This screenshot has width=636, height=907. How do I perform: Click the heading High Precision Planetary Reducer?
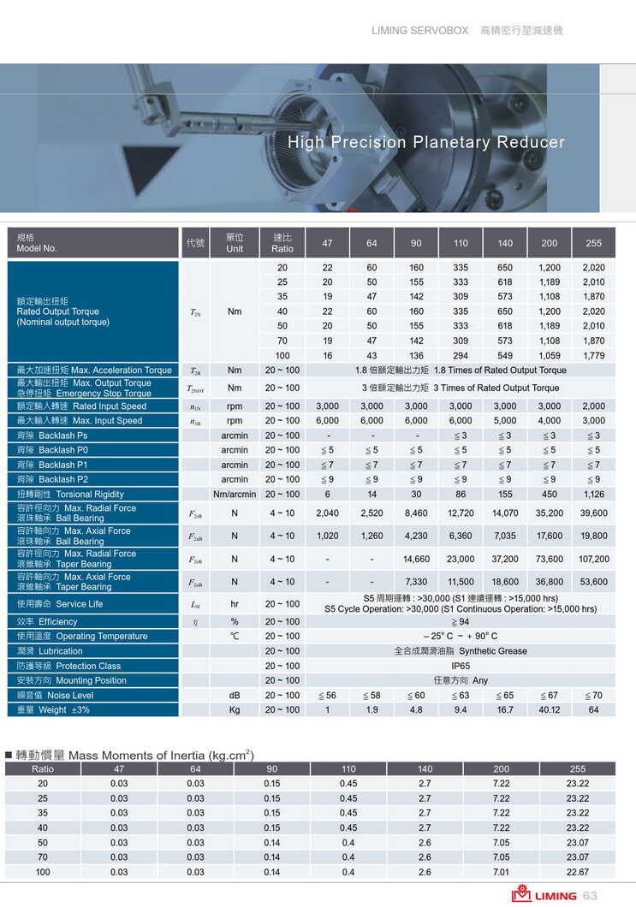coord(425,142)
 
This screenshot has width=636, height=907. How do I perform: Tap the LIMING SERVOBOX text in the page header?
coord(419,30)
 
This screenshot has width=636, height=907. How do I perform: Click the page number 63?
coord(590,895)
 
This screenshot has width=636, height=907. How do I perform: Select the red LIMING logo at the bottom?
coord(544,895)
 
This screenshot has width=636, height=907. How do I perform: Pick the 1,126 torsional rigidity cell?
coord(593,494)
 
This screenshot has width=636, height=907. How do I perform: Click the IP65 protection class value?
coord(461,666)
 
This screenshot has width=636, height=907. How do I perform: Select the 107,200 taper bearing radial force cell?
coord(593,559)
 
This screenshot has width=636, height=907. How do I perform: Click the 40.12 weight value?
coord(549,709)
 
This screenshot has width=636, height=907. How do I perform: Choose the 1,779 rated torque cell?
coord(593,355)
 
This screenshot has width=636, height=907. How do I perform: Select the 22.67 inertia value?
coord(577,872)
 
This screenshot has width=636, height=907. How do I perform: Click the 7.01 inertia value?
coord(501,872)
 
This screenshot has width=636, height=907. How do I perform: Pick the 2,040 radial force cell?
coord(327,513)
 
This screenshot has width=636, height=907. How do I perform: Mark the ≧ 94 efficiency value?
coord(461,621)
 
